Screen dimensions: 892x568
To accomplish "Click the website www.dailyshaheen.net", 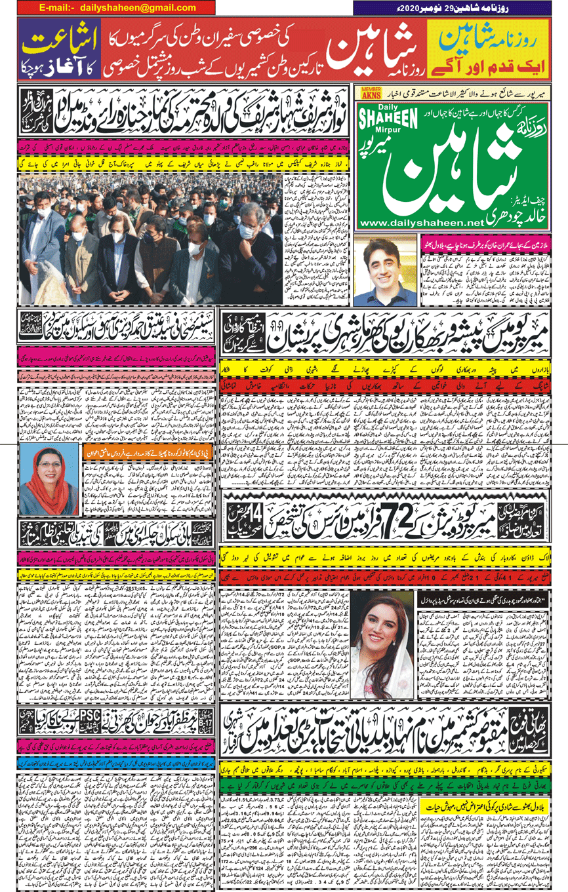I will click(418, 223).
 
